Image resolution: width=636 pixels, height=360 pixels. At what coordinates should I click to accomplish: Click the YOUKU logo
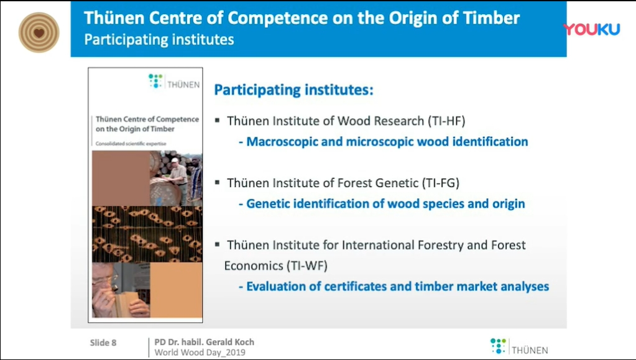point(592,29)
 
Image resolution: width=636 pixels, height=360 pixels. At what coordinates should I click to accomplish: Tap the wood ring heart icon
point(39,32)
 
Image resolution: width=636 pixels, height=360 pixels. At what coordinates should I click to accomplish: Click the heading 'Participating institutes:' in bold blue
point(293,90)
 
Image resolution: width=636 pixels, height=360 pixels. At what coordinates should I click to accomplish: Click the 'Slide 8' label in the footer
point(103,343)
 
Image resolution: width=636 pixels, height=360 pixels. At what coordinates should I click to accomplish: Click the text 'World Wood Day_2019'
point(200,353)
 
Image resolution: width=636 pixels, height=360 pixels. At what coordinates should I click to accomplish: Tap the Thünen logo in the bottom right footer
point(519,346)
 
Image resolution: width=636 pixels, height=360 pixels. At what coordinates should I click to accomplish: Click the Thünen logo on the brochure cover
point(174,81)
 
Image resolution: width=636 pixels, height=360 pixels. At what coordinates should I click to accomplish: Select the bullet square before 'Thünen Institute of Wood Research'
point(218,120)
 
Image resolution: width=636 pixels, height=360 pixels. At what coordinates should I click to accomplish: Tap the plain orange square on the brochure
point(176,290)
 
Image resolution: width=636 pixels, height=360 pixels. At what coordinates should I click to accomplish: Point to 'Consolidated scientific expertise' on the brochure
point(131,144)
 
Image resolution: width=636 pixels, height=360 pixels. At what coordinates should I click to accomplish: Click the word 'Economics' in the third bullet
point(254,266)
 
